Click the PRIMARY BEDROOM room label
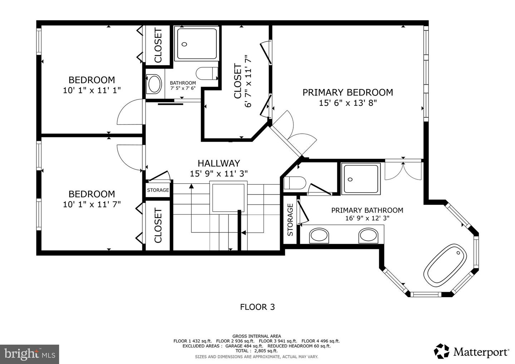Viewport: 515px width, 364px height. coord(348,92)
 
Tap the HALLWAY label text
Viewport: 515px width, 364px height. coord(219,163)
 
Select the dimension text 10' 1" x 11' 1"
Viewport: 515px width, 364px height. coord(92,90)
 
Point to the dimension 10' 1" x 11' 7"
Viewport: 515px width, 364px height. coord(92,204)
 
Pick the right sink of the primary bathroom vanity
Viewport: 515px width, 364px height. coord(368,236)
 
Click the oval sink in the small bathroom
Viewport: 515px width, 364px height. coord(154,84)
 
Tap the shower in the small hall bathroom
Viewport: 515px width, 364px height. coord(197,44)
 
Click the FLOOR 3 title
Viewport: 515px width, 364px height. coord(257,307)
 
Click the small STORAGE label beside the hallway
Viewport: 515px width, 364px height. coord(158,190)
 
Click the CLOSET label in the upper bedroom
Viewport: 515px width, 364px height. coord(158,45)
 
